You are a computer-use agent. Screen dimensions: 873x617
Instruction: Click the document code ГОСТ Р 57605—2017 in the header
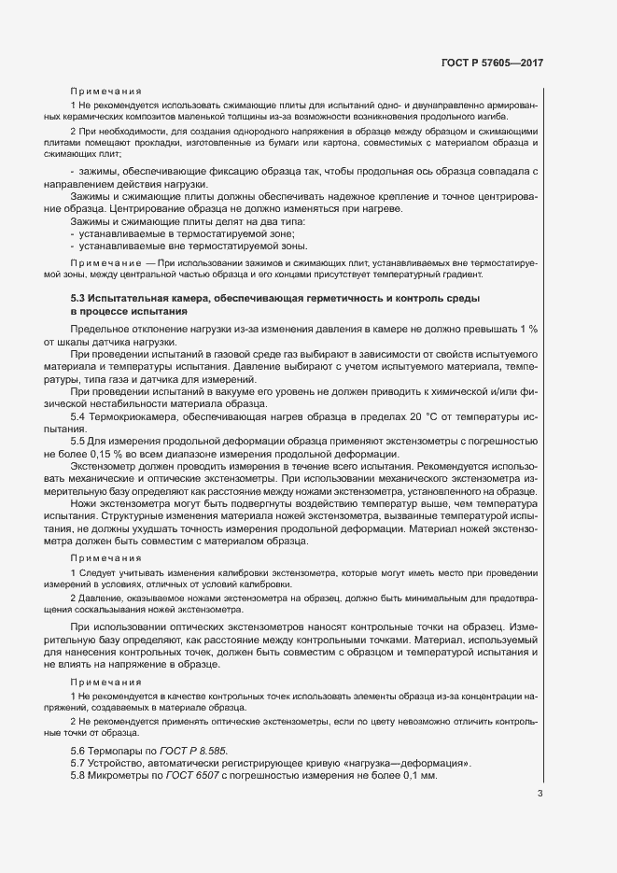pyautogui.click(x=491, y=63)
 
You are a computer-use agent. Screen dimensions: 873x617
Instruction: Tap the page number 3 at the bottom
pyautogui.click(x=540, y=796)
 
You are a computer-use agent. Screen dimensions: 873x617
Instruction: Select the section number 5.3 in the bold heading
pyautogui.click(x=80, y=298)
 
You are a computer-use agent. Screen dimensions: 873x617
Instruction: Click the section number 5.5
pyautogui.click(x=80, y=442)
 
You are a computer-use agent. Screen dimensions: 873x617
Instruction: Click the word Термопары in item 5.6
pyautogui.click(x=119, y=750)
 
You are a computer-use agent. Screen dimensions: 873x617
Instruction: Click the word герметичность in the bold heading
pyautogui.click(x=345, y=298)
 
